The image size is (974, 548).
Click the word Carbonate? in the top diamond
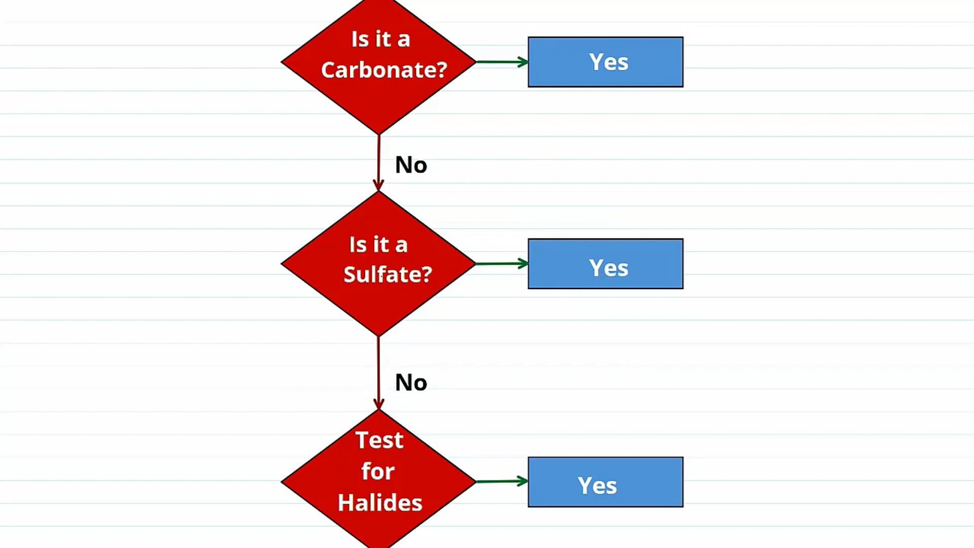tap(384, 70)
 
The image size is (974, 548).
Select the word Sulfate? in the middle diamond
tap(388, 275)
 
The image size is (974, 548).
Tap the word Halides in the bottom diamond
tap(380, 503)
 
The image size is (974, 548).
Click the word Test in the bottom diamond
tap(379, 440)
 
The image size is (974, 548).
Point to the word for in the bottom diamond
tap(378, 471)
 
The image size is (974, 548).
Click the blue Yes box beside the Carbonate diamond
tap(606, 62)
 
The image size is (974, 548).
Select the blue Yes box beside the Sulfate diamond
tap(606, 264)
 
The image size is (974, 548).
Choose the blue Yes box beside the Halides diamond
tap(606, 482)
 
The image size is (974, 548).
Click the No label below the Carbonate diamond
tap(411, 165)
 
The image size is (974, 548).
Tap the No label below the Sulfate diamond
tap(411, 383)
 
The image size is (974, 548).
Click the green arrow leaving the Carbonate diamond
tap(502, 62)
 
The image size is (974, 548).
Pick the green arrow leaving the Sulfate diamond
tap(502, 263)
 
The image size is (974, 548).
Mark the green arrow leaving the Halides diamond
tap(502, 481)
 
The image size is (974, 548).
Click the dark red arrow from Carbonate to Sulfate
tap(378, 162)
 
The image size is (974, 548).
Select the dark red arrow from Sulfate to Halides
tap(378, 373)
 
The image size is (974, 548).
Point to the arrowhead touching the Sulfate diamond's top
tap(378, 185)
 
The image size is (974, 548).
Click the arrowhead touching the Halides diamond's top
tap(378, 403)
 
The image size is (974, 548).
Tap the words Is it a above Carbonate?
tap(380, 39)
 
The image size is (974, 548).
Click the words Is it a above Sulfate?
tap(378, 245)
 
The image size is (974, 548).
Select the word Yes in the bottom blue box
tap(597, 486)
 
